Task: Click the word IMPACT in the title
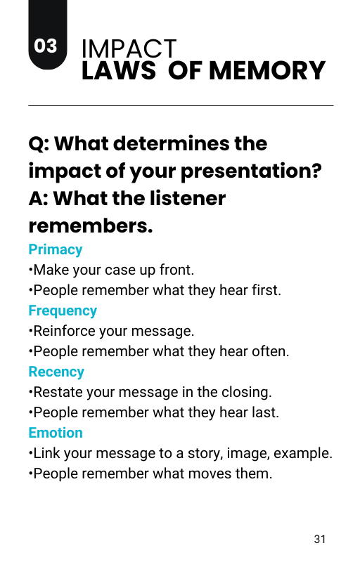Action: click(129, 48)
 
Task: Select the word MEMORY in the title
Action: click(267, 71)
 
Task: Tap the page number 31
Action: click(320, 539)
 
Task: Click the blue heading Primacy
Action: click(56, 250)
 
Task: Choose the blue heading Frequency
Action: click(63, 311)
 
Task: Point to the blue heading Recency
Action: click(56, 372)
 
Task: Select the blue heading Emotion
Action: click(56, 433)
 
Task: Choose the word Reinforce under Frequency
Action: click(64, 331)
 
